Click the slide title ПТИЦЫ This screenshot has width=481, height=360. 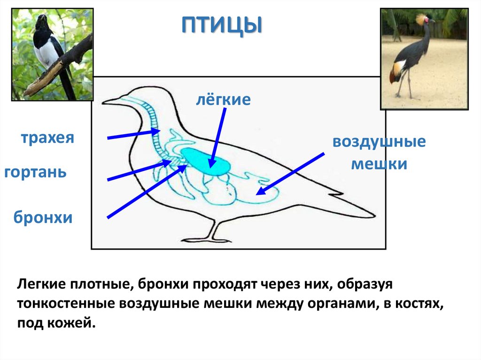tap(221, 26)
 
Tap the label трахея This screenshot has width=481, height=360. tap(47, 138)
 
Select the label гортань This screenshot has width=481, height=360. tap(35, 172)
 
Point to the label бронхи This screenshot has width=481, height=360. tap(43, 218)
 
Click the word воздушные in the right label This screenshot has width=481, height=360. tap(379, 142)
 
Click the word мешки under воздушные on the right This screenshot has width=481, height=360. tap(379, 164)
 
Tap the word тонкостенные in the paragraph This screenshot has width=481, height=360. tap(66, 304)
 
